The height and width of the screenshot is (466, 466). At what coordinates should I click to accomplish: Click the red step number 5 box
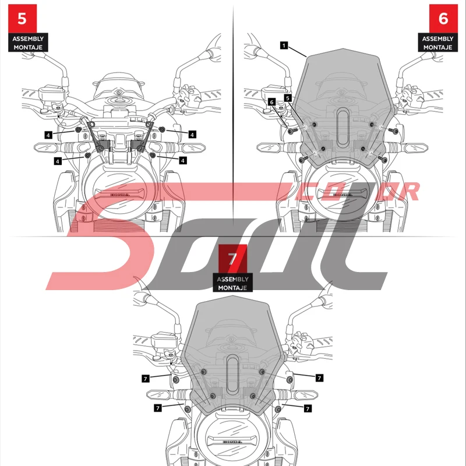(x=22, y=18)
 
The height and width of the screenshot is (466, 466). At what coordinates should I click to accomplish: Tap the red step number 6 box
(x=443, y=18)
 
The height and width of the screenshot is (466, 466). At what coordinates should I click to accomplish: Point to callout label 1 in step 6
(x=283, y=45)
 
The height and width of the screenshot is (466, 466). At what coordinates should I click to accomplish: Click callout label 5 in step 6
(x=287, y=98)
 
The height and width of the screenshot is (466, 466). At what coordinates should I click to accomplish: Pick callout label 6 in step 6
(x=271, y=102)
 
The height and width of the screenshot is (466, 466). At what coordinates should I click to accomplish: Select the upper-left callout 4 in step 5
(x=49, y=134)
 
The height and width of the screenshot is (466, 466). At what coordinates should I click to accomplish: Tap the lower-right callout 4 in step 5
(x=182, y=160)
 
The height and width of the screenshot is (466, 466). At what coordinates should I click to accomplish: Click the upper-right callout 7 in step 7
(x=319, y=378)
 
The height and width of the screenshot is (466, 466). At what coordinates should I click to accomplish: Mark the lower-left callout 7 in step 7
(x=157, y=408)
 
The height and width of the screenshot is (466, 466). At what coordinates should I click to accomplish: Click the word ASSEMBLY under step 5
(x=28, y=38)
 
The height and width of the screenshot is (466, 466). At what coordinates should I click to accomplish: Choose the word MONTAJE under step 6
(x=437, y=47)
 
